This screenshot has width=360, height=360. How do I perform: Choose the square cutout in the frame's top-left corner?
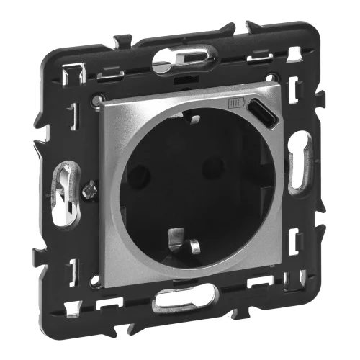76,73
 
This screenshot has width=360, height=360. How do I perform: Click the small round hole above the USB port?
271,78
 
